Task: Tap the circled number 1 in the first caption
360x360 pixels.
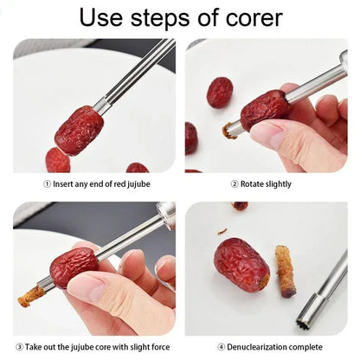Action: [47, 183]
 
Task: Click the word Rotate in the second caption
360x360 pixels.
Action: [252, 183]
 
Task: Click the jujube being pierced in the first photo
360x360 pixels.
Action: [79, 130]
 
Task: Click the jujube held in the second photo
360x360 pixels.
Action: [265, 110]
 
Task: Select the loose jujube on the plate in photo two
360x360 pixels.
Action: [220, 92]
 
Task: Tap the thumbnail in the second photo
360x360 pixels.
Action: [266, 135]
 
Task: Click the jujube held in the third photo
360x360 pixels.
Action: [74, 266]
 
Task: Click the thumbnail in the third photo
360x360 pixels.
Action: [87, 286]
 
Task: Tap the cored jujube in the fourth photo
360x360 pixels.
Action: [241, 265]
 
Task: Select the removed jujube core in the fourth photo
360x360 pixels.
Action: [286, 271]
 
